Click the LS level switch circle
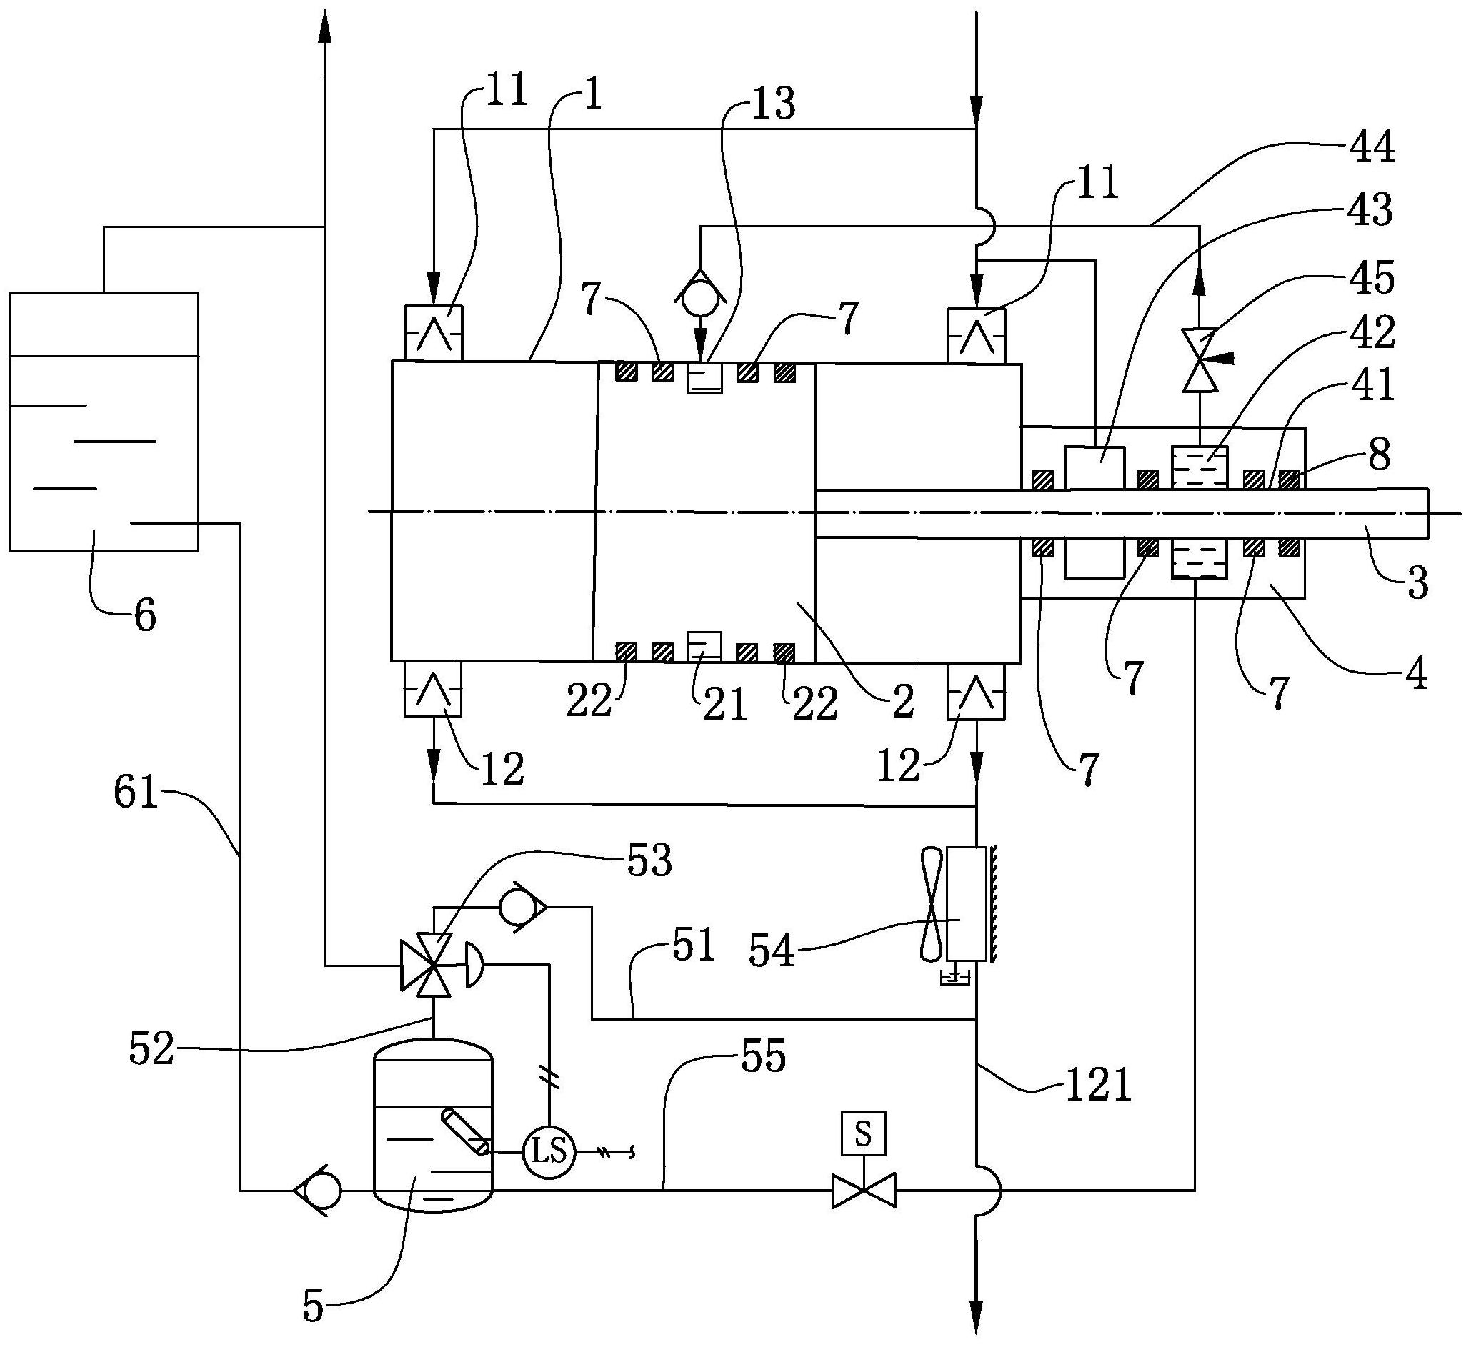549,1152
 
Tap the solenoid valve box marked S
863,1134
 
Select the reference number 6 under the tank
145,617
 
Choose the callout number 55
763,1056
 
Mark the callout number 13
773,104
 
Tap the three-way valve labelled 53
434,965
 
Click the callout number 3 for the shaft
1417,584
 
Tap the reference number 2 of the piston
902,702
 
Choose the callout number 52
151,1050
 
